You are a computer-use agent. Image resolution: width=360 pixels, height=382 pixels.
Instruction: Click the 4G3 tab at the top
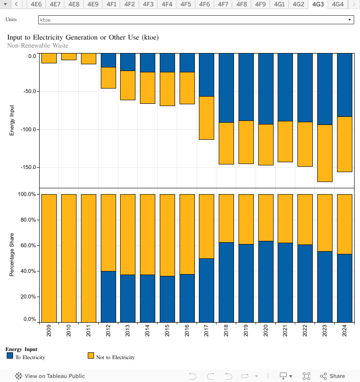click(318, 4)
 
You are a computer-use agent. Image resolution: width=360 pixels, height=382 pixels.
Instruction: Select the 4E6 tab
click(36, 4)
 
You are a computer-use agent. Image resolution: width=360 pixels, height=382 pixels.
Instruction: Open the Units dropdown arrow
click(350, 20)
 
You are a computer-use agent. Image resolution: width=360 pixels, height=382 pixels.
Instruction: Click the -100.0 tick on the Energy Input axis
click(29, 129)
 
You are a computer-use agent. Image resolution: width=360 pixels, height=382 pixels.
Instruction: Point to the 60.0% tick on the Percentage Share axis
click(27, 245)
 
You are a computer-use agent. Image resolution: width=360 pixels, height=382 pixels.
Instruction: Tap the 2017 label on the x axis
click(207, 333)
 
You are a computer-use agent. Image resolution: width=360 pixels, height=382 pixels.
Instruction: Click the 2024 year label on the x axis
click(345, 333)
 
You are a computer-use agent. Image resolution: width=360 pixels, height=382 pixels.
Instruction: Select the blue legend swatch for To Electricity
click(10, 355)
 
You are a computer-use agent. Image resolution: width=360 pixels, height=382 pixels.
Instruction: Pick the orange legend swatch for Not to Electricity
click(91, 355)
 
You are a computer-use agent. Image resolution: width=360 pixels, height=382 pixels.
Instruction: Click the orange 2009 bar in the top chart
click(49, 58)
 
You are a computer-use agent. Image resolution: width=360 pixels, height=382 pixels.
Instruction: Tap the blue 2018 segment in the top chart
click(226, 88)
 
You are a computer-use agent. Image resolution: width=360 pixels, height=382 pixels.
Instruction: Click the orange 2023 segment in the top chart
click(325, 153)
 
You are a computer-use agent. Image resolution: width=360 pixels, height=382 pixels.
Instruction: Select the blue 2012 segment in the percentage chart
click(108, 297)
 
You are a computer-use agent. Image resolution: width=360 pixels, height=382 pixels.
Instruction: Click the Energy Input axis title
click(12, 120)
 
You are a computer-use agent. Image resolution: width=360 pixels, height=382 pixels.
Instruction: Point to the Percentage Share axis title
click(12, 255)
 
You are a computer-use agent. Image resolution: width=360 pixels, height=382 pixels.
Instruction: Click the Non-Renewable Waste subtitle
click(38, 45)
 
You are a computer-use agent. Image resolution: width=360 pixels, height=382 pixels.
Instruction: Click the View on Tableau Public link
click(50, 376)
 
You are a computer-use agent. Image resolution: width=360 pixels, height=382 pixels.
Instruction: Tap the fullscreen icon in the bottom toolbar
click(306, 376)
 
